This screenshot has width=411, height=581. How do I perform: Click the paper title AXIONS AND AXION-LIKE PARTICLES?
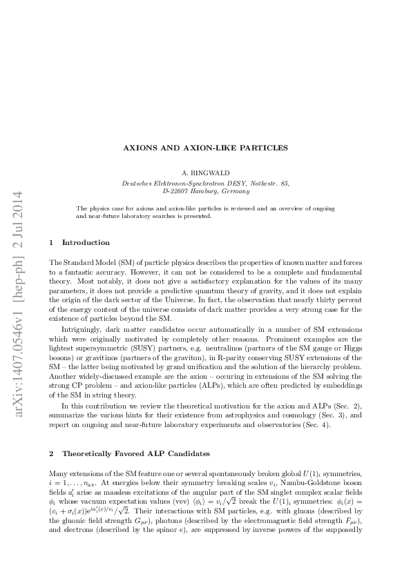tap(205, 148)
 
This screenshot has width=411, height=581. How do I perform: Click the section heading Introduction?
tap(86, 242)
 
